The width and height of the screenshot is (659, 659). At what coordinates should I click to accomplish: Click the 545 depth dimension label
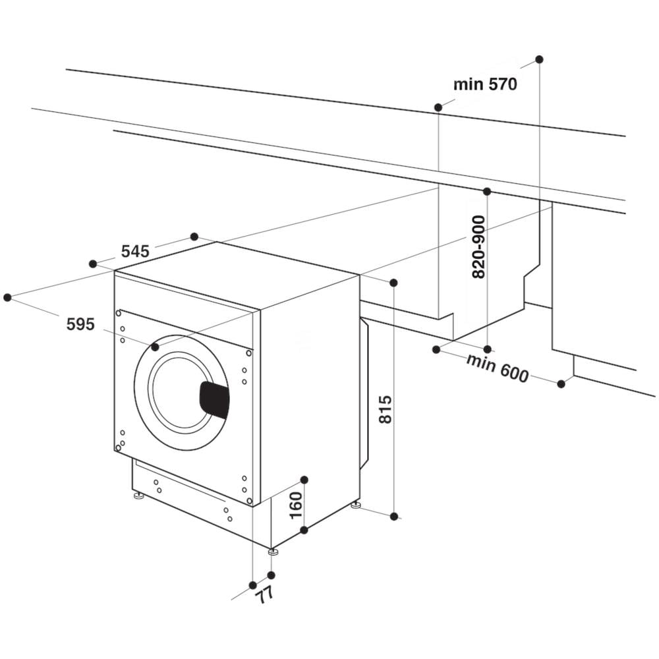tap(135, 251)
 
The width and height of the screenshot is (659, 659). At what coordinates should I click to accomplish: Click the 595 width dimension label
tap(80, 324)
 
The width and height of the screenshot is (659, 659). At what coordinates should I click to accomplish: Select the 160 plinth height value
tap(296, 504)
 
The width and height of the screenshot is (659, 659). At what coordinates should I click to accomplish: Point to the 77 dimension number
tap(264, 595)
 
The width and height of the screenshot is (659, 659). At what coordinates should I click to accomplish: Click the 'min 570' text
tap(485, 84)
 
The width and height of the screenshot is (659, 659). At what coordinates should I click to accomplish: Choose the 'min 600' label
tap(497, 368)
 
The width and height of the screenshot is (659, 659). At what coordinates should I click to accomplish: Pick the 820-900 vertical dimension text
tap(479, 247)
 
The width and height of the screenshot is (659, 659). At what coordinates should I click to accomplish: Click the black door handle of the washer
tap(214, 399)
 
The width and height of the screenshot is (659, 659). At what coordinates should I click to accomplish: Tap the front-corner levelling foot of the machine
tap(273, 551)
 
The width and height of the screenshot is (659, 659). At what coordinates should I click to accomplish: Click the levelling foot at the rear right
tap(356, 505)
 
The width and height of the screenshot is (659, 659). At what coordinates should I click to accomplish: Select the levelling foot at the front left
tap(138, 495)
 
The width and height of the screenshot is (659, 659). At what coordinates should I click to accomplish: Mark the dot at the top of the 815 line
tap(393, 283)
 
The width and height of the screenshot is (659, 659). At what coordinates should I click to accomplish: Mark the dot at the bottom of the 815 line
tap(394, 517)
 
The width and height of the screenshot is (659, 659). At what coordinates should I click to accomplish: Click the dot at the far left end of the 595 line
tap(7, 298)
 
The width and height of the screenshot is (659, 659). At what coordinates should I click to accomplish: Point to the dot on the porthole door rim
tap(155, 347)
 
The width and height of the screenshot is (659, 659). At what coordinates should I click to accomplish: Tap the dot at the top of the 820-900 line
tap(487, 192)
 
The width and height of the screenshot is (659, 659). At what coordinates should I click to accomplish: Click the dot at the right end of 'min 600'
tap(561, 384)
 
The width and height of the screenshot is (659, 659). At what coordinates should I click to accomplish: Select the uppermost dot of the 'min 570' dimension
tap(539, 59)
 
